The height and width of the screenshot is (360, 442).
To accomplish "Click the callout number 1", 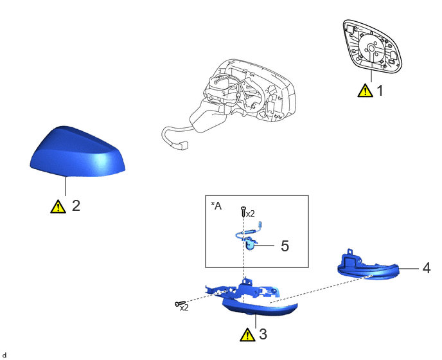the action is [380, 91].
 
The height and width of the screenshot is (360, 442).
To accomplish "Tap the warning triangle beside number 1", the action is [365, 91].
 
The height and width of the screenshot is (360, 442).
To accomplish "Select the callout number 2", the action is [76, 206].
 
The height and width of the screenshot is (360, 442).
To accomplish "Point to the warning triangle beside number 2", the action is [58, 206].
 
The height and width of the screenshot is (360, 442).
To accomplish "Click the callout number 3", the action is [263, 334].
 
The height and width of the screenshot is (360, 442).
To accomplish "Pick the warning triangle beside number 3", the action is [247, 335].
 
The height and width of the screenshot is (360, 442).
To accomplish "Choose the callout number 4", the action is [427, 268].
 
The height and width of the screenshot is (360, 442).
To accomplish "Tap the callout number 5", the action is [285, 246].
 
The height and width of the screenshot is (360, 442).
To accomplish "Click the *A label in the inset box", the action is [217, 206].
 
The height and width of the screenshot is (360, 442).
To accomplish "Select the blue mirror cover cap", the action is [77, 152].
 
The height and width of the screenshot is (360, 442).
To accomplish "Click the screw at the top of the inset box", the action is [243, 212].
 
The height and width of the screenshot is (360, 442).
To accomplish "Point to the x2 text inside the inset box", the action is [251, 214].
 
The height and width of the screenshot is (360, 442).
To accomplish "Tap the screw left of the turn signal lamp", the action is [180, 303].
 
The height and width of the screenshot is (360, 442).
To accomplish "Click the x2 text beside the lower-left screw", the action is [184, 308].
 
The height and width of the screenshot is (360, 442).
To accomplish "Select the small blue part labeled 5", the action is [250, 244].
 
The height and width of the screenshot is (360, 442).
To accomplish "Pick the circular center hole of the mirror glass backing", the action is [371, 48].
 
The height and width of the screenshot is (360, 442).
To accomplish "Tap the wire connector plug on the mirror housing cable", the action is [182, 145].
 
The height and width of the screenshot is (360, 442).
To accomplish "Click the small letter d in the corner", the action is [4, 355].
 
